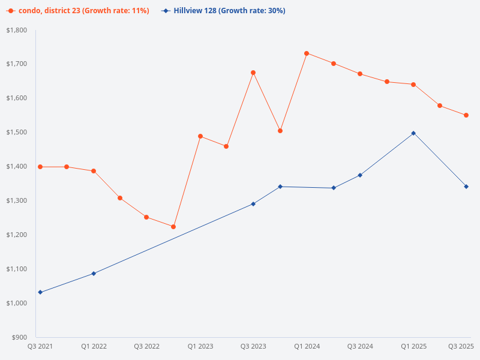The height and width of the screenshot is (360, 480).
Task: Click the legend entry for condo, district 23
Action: coord(78,11)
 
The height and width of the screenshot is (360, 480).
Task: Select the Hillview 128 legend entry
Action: coord(223,11)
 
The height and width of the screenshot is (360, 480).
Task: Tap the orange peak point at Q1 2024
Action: coord(307,53)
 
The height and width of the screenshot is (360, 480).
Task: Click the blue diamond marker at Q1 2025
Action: coord(413,133)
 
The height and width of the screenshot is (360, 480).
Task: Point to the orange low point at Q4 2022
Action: coord(173,227)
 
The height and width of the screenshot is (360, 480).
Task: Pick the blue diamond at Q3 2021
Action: coord(40,292)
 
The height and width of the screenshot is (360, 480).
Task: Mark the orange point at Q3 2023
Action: coord(253,73)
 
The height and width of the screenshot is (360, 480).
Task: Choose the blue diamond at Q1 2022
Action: coord(94,274)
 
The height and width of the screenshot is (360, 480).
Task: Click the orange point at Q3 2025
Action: coord(466,115)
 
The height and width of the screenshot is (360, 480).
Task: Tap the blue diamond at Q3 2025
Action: coord(466,187)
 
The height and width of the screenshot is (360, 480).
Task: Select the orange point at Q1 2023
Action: coord(200,136)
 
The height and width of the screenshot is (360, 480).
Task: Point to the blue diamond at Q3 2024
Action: coord(360,175)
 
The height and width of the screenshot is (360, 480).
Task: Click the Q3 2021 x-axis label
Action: coord(40,346)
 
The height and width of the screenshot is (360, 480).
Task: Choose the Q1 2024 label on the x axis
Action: coord(307,346)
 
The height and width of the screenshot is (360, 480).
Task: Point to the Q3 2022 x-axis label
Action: coord(147,346)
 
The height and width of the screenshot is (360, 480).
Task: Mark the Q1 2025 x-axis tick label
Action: coord(413,346)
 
